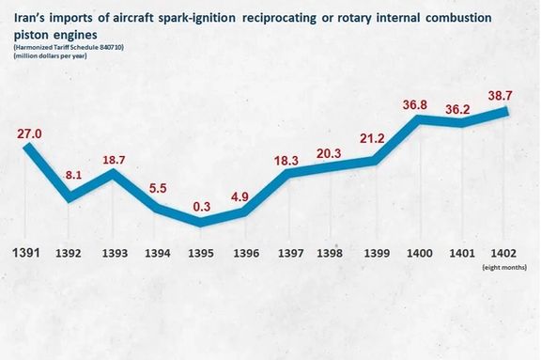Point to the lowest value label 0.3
click(x=201, y=207)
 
